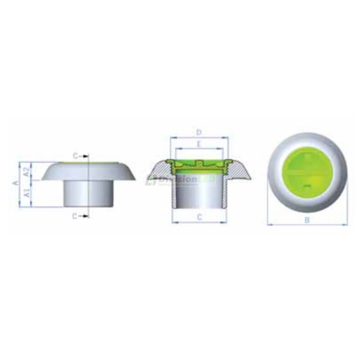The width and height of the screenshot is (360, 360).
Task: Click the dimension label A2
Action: pyautogui.click(x=27, y=171)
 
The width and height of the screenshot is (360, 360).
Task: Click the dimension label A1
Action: pyautogui.click(x=27, y=193)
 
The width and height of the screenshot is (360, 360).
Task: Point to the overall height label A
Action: pyautogui.click(x=15, y=183)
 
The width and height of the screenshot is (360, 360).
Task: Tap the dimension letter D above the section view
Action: pyautogui.click(x=198, y=132)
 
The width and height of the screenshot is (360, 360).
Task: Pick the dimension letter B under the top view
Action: pyautogui.click(x=307, y=220)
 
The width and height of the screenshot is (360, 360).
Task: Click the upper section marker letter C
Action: pyautogui.click(x=75, y=155)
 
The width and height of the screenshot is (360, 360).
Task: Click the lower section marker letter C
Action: pyautogui.click(x=75, y=216)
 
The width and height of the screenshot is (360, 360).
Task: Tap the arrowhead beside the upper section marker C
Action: pyautogui.click(x=86, y=155)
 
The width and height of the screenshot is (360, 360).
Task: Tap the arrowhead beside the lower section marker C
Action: pyautogui.click(x=86, y=216)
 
